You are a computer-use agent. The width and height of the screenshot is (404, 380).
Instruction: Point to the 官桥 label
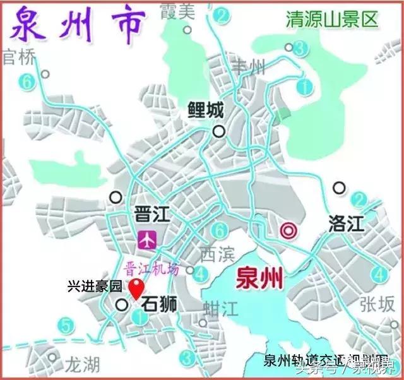(17, 58)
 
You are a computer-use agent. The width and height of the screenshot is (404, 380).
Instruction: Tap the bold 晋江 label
(150, 213)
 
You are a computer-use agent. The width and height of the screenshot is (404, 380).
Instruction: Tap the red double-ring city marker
(288, 230)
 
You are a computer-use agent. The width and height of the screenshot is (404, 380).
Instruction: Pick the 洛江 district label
(347, 222)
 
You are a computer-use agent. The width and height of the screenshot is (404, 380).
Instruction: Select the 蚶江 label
(220, 307)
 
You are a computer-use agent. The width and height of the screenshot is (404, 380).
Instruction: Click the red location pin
(135, 291)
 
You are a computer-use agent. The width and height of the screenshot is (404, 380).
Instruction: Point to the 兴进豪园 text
(94, 285)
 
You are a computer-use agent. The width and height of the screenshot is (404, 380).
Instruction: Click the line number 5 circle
(64, 326)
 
